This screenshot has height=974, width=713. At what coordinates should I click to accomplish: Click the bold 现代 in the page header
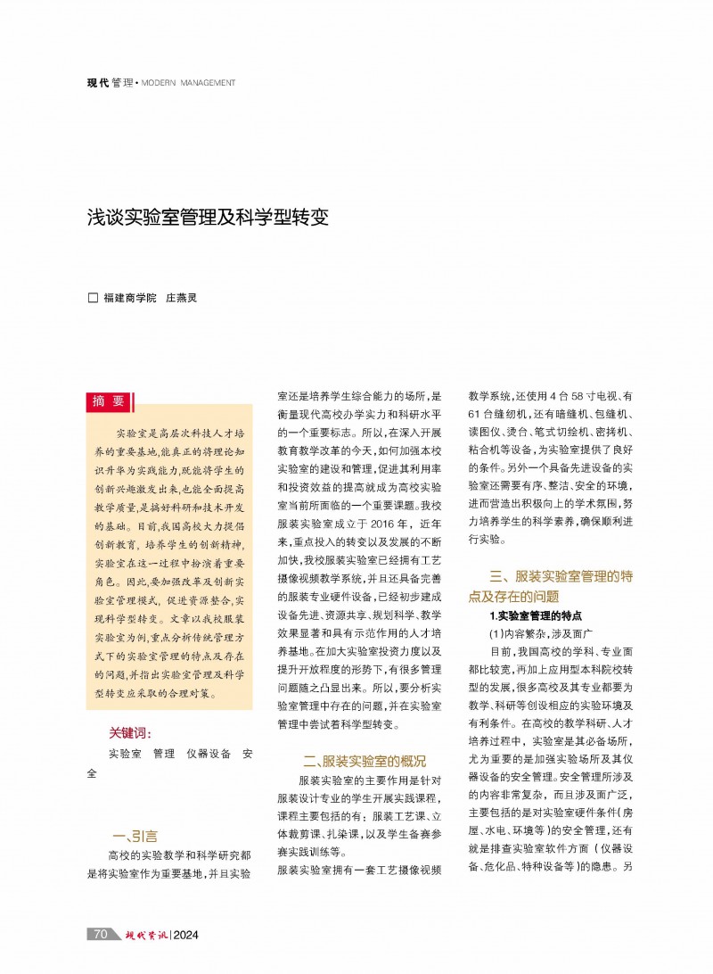[97, 83]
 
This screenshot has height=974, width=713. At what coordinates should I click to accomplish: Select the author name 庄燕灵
[181, 298]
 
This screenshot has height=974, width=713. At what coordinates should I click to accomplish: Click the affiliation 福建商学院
[128, 298]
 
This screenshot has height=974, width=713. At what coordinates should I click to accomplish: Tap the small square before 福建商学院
[92, 298]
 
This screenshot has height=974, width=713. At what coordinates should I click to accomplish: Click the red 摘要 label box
[108, 402]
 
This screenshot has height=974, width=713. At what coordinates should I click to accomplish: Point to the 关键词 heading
[130, 733]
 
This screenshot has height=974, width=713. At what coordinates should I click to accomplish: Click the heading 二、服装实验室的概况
[364, 761]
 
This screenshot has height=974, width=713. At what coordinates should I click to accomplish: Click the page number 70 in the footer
[101, 934]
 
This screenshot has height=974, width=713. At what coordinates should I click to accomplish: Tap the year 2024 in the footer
[186, 935]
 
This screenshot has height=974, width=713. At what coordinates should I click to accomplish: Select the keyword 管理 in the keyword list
[163, 754]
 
